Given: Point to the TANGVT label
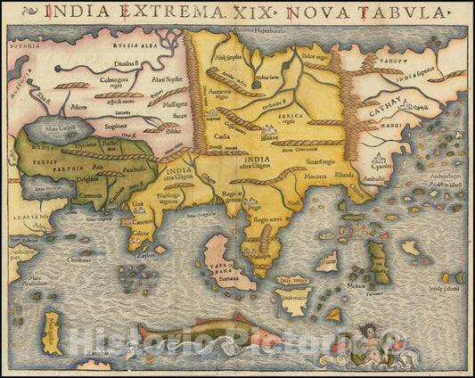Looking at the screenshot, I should click(x=387, y=52).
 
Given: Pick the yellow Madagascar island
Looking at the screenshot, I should click(x=53, y=333).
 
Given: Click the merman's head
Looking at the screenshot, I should click(x=365, y=336).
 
